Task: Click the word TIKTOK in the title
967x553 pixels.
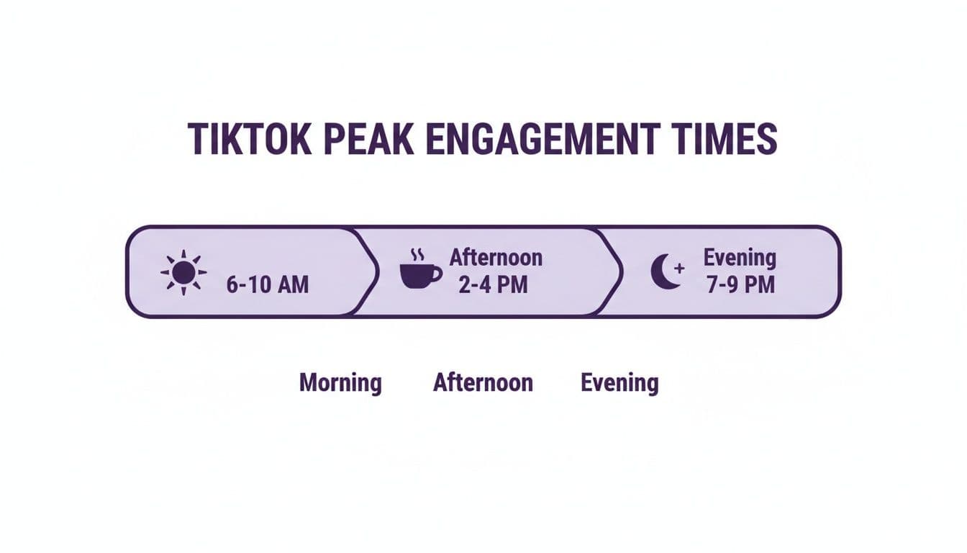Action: [x=249, y=139]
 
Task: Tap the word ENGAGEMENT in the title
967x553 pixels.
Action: [x=540, y=139]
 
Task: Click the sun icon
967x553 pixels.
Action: [x=183, y=272]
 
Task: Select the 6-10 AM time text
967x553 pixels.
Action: [x=267, y=284]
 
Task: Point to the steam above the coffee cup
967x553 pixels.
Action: [x=417, y=255]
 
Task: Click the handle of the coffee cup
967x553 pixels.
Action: [x=437, y=274]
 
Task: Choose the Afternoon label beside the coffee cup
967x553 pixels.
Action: [x=496, y=257]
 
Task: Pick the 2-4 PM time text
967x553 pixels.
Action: [x=493, y=284]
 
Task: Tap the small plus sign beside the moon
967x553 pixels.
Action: [x=678, y=268]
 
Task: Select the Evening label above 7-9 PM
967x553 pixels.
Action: [x=740, y=257]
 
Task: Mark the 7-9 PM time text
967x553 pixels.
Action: [x=740, y=284]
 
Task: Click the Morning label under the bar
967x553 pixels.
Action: [x=340, y=382]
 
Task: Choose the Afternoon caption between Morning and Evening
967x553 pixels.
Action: [x=483, y=382]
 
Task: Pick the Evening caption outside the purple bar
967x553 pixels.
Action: [x=619, y=382]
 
